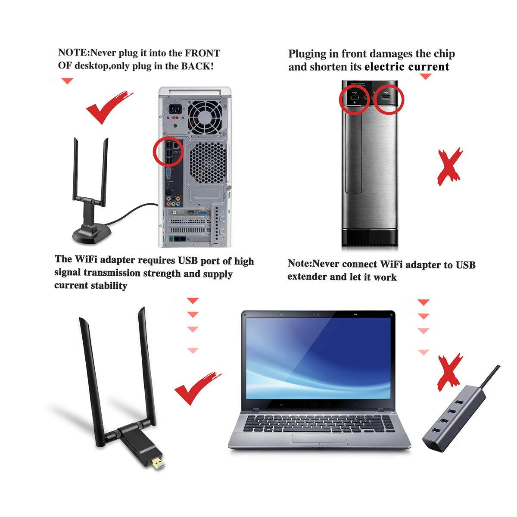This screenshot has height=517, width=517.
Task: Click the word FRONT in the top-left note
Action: (202, 53)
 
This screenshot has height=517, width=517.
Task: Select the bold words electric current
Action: (407, 67)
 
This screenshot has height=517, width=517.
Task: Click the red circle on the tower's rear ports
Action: (168, 151)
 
